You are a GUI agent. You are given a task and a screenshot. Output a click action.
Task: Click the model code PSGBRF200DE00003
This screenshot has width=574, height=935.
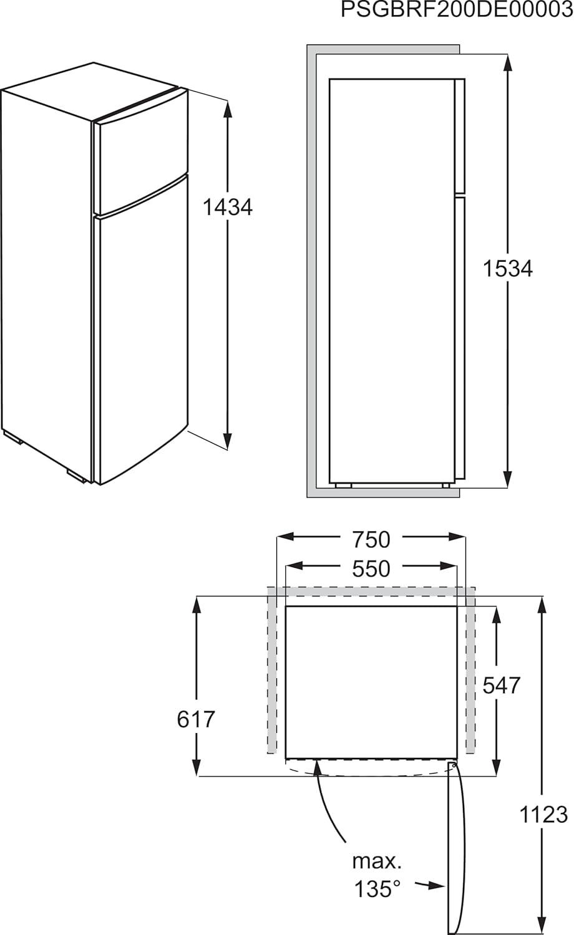click(x=457, y=10)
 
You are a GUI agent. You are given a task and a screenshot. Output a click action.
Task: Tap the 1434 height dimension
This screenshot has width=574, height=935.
click(x=227, y=207)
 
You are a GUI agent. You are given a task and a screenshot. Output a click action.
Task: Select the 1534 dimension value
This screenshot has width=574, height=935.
click(x=508, y=268)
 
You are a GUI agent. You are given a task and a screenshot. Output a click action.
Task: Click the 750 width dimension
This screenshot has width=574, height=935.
click(x=371, y=540)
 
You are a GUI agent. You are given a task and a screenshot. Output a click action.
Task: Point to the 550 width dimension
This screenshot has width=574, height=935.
click(x=371, y=569)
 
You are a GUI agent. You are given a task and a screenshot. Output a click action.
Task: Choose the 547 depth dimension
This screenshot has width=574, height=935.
click(x=501, y=686)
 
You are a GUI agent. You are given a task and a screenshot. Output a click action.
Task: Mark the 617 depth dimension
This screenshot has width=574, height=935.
click(x=195, y=719)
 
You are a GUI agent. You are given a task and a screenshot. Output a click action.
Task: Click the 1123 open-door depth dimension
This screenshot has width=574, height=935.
click(x=543, y=814)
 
